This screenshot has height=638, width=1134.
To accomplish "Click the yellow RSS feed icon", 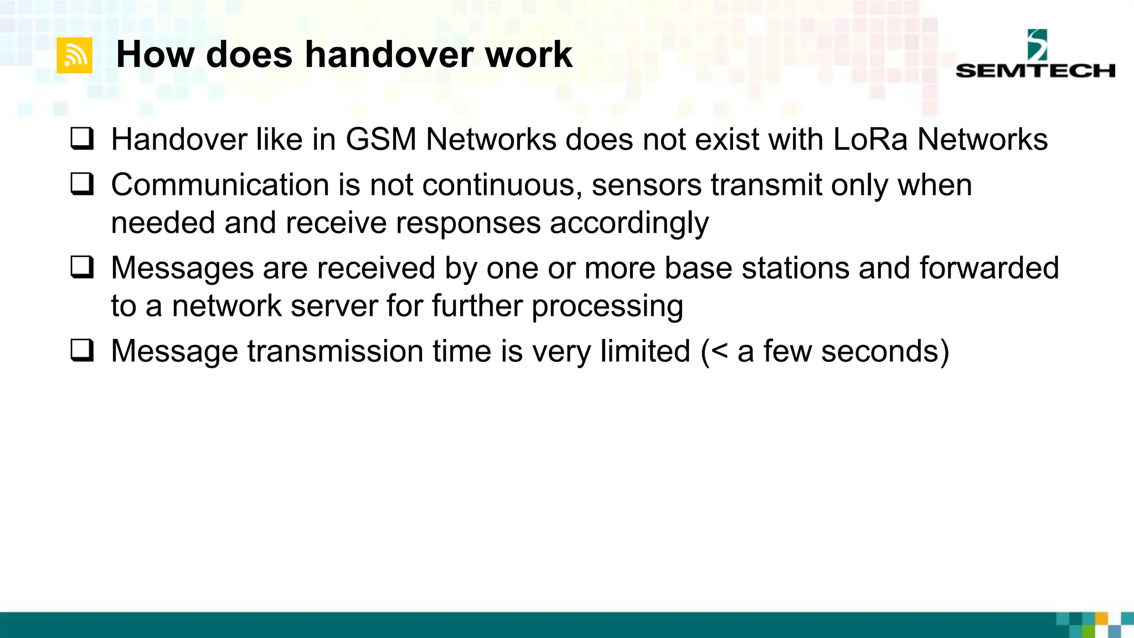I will (74, 55).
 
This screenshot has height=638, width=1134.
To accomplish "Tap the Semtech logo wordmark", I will (1035, 71).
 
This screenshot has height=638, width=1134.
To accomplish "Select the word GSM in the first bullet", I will (381, 139).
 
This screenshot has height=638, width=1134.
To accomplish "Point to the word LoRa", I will (870, 139).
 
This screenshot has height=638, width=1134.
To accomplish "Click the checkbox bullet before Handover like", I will (82, 138).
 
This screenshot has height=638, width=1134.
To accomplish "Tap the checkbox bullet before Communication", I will (82, 184).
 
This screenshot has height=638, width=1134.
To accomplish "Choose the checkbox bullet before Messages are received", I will (82, 267).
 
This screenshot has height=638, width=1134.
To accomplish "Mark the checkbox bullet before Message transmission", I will (82, 350).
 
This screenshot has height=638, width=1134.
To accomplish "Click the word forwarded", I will (989, 268).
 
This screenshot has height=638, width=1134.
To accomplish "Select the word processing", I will (607, 306).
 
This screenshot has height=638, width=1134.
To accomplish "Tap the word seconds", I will (879, 351).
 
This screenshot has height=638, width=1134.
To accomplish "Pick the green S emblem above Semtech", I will (1037, 44).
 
